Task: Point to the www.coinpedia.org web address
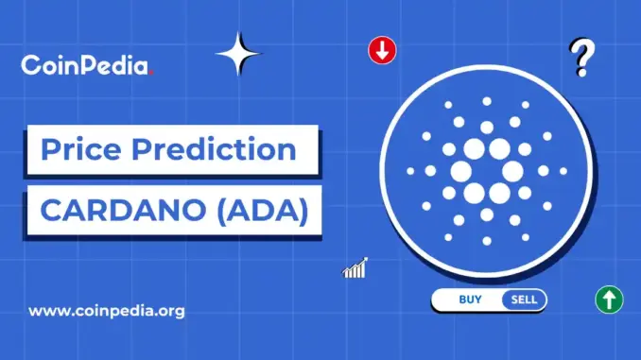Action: (107, 310)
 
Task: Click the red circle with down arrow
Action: (381, 52)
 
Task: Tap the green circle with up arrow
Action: (608, 300)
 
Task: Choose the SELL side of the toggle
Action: (524, 300)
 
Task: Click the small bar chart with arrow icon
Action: (355, 268)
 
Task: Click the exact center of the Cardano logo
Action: (486, 172)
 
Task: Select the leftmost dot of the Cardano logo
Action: (408, 172)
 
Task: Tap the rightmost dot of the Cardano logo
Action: (564, 172)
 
